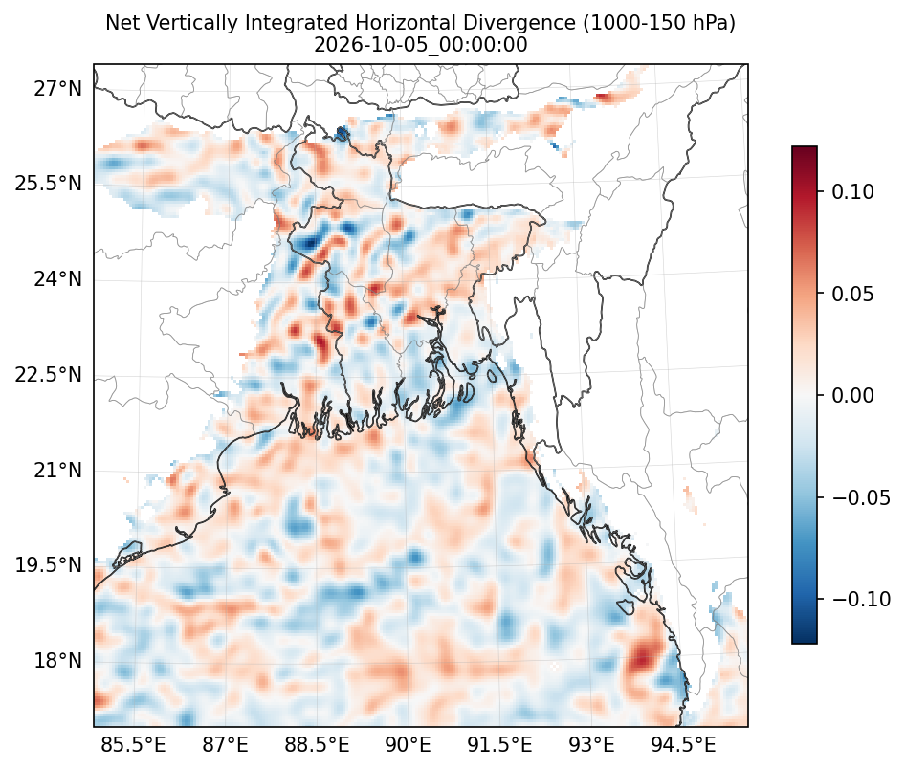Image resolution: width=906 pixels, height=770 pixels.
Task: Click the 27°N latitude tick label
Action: [x=57, y=90]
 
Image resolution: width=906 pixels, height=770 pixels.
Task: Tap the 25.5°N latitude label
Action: [x=49, y=185]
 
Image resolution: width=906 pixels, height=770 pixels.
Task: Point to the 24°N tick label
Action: [x=57, y=279]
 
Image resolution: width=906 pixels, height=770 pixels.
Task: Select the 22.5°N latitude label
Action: [x=49, y=375]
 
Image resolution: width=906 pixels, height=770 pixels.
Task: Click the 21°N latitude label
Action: [x=57, y=471]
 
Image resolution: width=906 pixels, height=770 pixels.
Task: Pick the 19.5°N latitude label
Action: [x=49, y=565]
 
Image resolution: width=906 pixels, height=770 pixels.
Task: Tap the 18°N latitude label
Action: [x=57, y=660]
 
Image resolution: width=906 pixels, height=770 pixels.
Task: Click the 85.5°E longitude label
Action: [x=134, y=745]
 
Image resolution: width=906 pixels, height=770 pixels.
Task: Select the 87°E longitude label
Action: [x=226, y=745]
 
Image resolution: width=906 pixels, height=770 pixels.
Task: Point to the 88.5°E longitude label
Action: [x=318, y=745]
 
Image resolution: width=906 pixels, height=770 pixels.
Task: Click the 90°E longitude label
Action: [x=409, y=745]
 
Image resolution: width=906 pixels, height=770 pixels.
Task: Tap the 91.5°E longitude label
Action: [x=499, y=745]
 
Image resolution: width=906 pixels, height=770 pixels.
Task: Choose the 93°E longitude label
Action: [x=591, y=745]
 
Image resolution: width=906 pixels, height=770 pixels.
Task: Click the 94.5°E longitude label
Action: [x=683, y=745]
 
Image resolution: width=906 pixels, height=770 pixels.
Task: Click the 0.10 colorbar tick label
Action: [x=852, y=191]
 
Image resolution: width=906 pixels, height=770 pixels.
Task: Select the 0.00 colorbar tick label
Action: [x=852, y=396]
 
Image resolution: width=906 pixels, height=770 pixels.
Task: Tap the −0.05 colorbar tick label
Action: [x=861, y=497]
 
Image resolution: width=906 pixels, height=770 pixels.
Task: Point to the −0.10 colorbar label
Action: [x=861, y=599]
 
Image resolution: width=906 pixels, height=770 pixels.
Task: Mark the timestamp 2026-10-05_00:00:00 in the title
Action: [x=421, y=45]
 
